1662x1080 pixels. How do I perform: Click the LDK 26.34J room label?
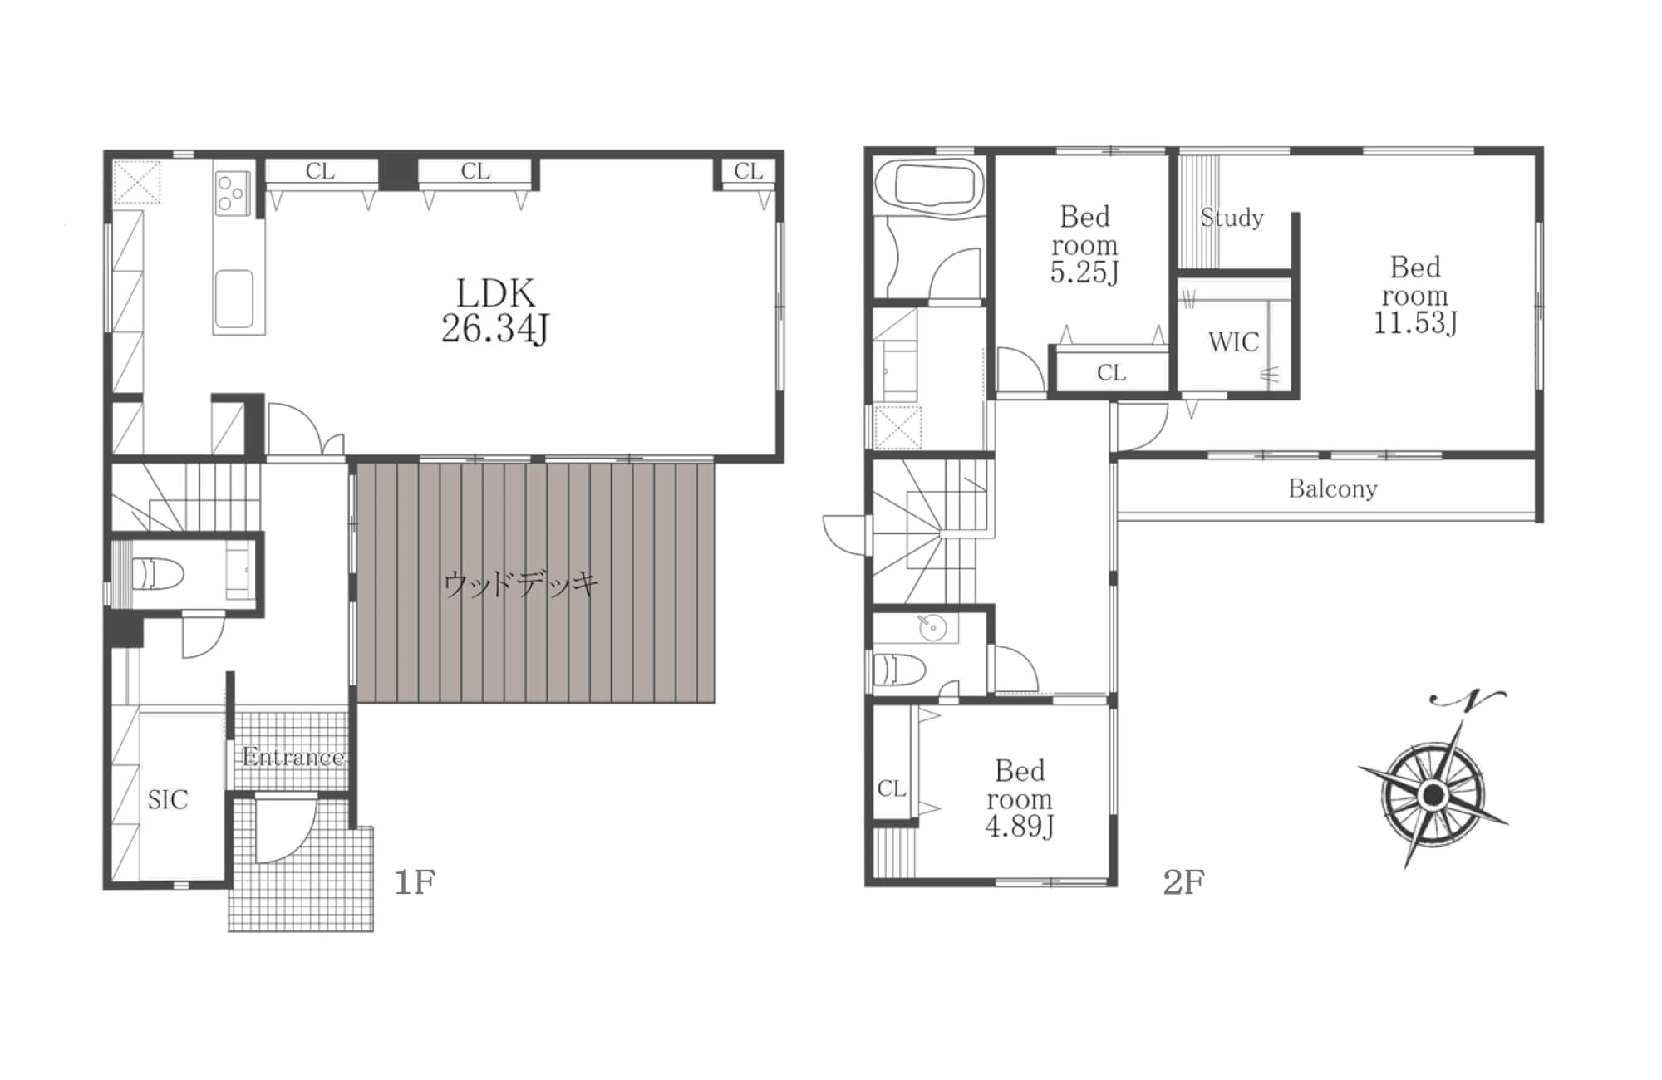(495, 312)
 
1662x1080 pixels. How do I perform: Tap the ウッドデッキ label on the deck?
(521, 584)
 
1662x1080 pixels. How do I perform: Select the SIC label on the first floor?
(168, 799)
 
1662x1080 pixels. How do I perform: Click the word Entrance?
(293, 757)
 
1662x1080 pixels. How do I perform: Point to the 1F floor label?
(415, 881)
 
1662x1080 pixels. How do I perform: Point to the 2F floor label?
(1183, 881)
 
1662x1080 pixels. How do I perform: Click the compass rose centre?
(1432, 796)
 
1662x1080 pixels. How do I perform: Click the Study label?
(1232, 218)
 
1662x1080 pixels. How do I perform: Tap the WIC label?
(1233, 341)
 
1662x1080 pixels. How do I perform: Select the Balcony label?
(1333, 488)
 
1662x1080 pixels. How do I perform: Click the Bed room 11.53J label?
(1414, 295)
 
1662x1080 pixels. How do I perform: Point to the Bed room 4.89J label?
(1019, 798)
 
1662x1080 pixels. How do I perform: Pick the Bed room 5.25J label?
(1084, 244)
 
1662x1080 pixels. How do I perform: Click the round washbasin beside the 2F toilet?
(933, 629)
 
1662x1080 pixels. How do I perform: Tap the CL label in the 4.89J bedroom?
(891, 788)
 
